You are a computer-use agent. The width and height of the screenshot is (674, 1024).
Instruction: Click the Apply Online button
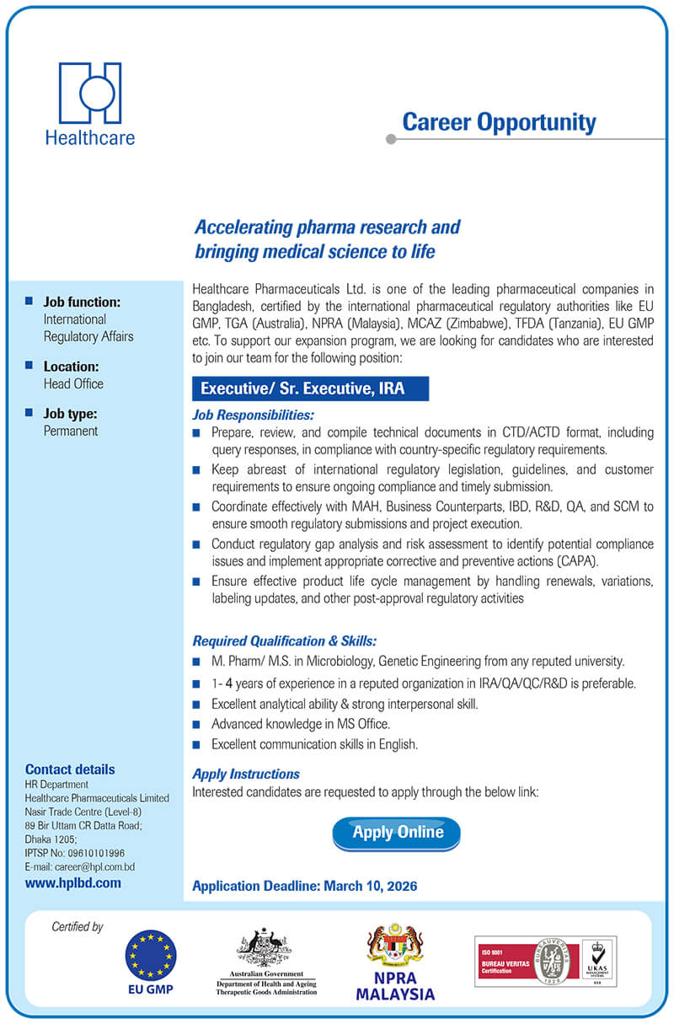coord(397,833)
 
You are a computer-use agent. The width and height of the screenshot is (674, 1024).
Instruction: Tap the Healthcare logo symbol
coord(90,93)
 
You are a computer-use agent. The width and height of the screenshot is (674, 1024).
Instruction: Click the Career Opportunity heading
coord(499,122)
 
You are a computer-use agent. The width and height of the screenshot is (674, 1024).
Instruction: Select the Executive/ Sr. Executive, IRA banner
coord(311,389)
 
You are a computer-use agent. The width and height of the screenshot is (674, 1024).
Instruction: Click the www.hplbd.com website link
coord(73,883)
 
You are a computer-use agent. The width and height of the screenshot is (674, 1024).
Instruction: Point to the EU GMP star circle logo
coord(151,955)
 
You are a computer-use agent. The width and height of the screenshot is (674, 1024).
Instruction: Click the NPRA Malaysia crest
coord(395,946)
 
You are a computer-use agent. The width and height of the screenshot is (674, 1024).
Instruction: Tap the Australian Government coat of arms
coord(264,947)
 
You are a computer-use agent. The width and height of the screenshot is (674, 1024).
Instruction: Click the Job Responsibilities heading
coord(254,415)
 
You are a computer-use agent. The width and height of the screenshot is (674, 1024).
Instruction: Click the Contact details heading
coord(70,769)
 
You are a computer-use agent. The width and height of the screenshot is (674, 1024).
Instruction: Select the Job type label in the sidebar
coord(70,414)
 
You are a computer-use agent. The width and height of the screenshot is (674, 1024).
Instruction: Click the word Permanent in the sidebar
coord(71,431)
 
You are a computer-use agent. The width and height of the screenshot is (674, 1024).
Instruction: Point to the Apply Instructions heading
coord(246,774)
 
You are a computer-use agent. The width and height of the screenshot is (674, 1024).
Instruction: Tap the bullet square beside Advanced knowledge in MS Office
coord(196,724)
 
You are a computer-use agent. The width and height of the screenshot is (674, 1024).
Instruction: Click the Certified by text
coord(78,927)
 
